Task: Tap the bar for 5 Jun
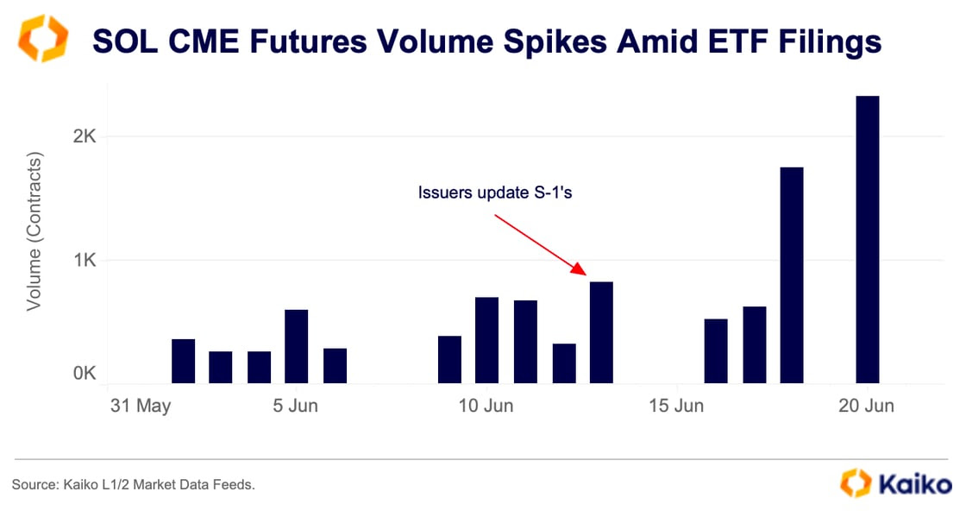coord(296,346)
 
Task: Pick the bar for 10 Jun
coord(486,340)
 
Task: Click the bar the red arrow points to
coord(601,332)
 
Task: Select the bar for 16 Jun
coord(715,350)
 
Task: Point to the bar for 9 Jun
coord(449,359)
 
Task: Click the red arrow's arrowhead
coord(583,272)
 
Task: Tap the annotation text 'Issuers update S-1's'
coord(495,192)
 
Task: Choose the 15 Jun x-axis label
coord(676,406)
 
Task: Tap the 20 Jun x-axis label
coord(867,406)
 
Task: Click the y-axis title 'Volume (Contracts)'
coord(34,232)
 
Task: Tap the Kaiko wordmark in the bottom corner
coord(916,484)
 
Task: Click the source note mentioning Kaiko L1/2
coord(134,485)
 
